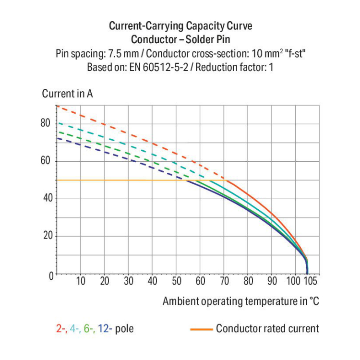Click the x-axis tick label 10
pyautogui.click(x=81, y=281)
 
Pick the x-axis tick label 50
pyautogui.click(x=176, y=281)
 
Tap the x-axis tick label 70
pyautogui.click(x=224, y=281)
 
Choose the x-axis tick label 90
pyautogui.click(x=272, y=281)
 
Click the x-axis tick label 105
pyautogui.click(x=311, y=281)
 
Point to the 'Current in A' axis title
pyautogui.click(x=67, y=94)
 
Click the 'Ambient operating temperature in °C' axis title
pyautogui.click(x=240, y=301)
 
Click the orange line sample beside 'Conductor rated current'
pyautogui.click(x=202, y=329)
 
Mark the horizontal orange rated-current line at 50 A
pyautogui.click(x=120, y=180)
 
